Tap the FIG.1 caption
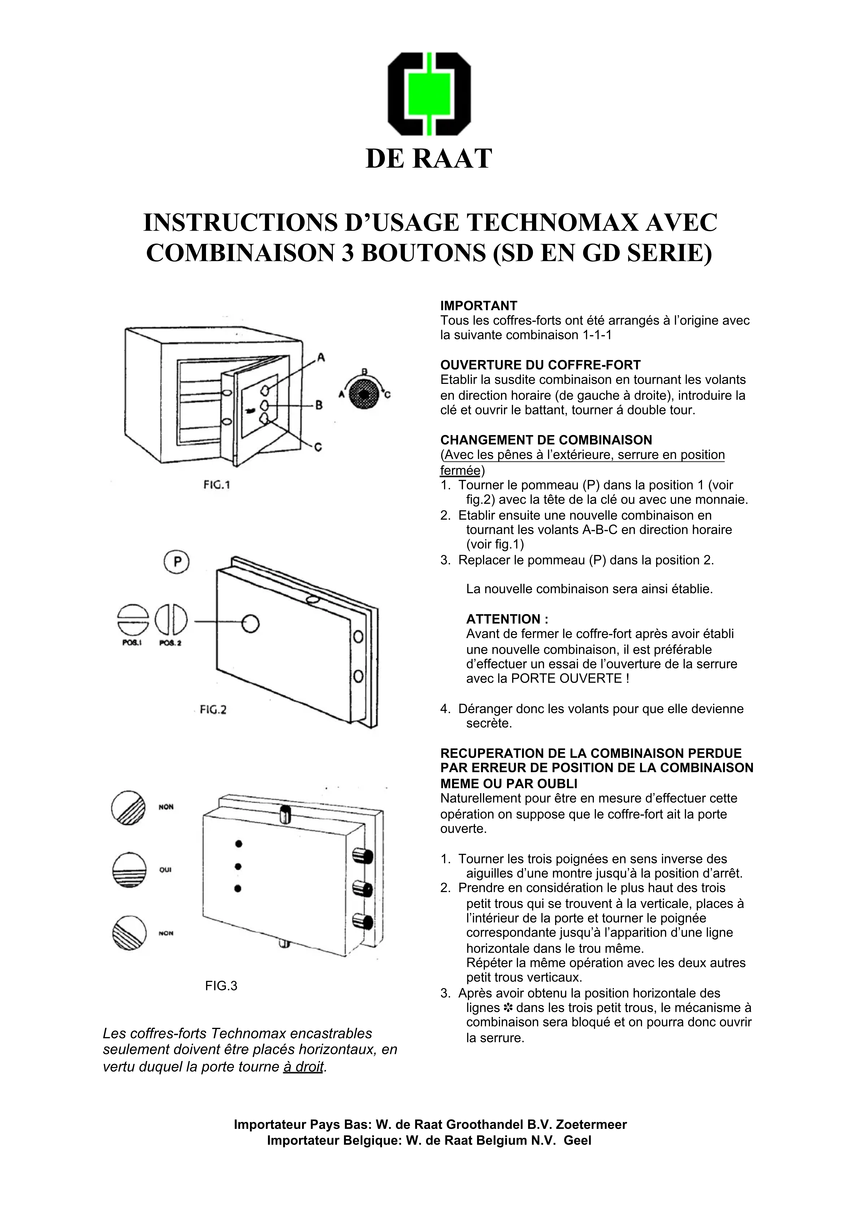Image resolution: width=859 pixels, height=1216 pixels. coord(217,485)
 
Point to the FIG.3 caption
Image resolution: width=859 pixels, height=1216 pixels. coord(221,986)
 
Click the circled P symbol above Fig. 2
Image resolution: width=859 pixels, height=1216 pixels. coord(176,562)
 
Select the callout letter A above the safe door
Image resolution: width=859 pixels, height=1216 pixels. coord(321,357)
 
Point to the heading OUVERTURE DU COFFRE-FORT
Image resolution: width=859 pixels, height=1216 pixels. coord(540,365)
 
